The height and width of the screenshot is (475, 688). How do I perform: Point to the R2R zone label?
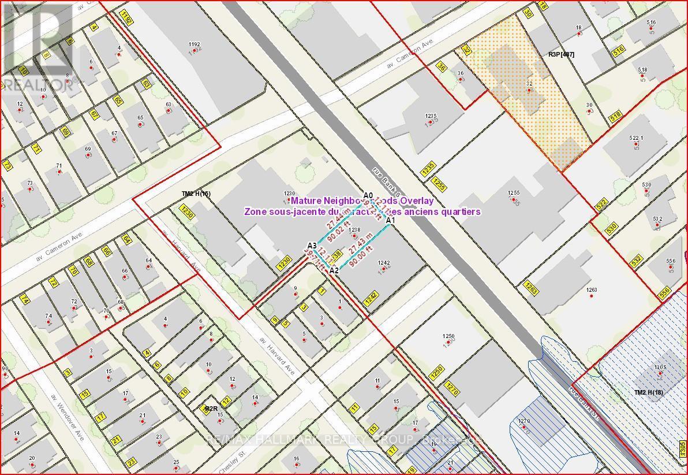pyautogui.click(x=211, y=409)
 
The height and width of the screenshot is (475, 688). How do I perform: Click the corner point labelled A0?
pyautogui.click(x=369, y=196)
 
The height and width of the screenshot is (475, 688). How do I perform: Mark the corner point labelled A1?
pyautogui.click(x=390, y=220)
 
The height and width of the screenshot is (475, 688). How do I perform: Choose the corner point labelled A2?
pyautogui.click(x=334, y=270)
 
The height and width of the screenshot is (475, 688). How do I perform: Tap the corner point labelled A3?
pyautogui.click(x=312, y=245)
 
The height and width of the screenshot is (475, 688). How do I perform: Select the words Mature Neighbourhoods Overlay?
pyautogui.click(x=361, y=201)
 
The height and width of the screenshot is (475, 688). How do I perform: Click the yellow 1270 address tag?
pyautogui.click(x=452, y=391)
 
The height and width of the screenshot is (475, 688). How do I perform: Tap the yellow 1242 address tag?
pyautogui.click(x=371, y=297)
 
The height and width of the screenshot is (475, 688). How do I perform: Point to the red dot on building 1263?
pyautogui.click(x=591, y=296)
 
